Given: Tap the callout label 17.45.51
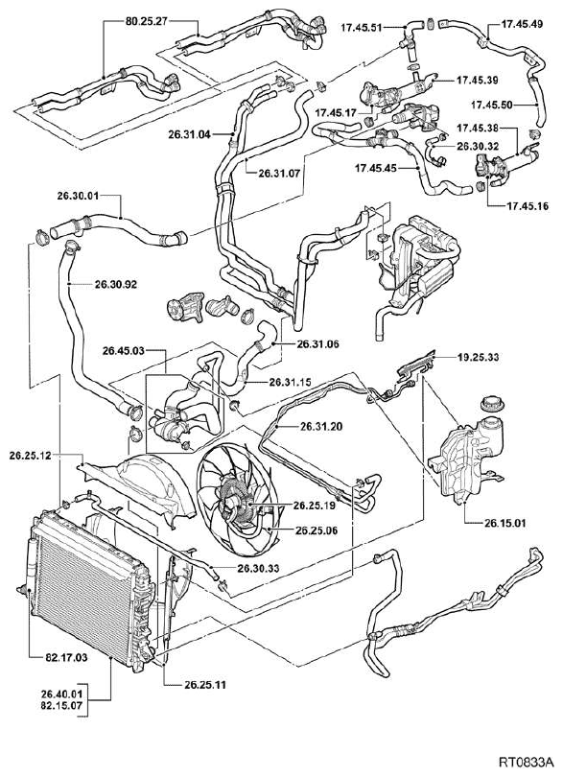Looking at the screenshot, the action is (362, 28).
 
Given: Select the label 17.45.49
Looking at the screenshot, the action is (523, 24).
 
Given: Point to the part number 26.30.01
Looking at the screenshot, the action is (79, 196).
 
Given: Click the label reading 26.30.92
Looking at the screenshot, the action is (116, 285).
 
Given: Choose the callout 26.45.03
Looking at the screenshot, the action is (124, 351).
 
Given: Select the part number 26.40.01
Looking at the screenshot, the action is (61, 694).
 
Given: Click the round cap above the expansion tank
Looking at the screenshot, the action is (493, 402).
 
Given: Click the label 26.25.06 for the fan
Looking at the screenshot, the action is (317, 530).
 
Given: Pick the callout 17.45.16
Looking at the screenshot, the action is (528, 205).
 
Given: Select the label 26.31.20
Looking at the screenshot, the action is (320, 426).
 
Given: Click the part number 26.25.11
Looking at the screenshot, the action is (205, 685).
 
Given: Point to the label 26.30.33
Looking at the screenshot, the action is (258, 569).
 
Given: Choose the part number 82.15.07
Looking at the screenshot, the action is (61, 705).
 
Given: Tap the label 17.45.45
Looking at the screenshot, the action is (376, 169).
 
